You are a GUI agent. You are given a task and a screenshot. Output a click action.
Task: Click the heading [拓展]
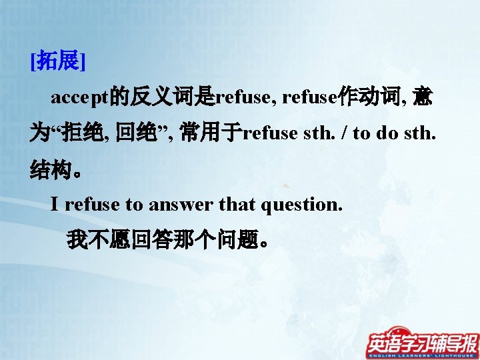[57, 63]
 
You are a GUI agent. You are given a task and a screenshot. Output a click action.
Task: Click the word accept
[80, 98]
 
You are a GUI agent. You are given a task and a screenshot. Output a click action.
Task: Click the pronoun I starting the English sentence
[55, 205]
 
